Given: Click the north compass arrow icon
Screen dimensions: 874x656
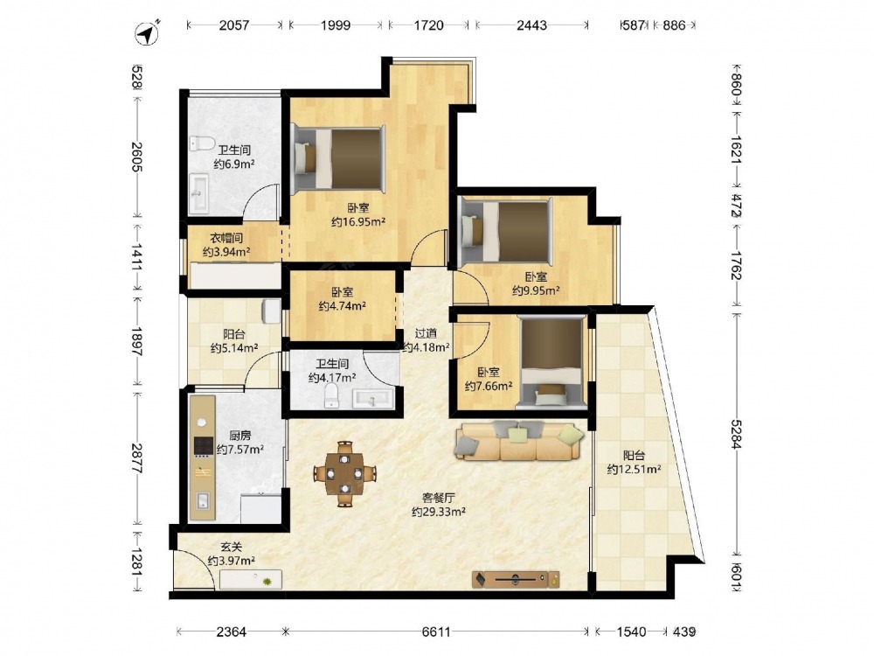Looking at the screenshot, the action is [147, 33].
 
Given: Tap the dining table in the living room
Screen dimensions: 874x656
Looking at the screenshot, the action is [345, 473].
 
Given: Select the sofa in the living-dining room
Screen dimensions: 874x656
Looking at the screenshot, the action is [519, 441].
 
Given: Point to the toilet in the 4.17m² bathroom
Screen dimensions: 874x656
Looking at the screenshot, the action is [331, 395].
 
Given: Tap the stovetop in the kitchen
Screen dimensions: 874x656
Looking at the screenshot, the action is [203, 446].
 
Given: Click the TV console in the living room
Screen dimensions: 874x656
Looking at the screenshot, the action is [516, 580].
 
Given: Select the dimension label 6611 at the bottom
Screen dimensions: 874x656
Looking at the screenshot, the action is [436, 632].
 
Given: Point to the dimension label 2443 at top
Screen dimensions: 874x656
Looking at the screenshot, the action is [531, 25].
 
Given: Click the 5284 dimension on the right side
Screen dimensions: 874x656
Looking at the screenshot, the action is [736, 434].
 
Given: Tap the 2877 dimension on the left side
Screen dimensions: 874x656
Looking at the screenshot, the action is [137, 458].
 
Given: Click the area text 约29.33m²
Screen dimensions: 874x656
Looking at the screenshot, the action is [439, 512].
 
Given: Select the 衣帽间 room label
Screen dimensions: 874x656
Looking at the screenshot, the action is [226, 238].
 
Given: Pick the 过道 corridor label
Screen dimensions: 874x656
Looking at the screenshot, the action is [426, 333].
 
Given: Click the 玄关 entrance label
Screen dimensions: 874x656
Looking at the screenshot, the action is [232, 548].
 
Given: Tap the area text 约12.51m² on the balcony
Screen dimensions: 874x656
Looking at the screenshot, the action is [634, 469].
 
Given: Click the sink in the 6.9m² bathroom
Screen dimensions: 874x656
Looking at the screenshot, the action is [198, 193].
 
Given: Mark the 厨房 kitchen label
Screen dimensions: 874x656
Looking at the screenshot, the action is [239, 436].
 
